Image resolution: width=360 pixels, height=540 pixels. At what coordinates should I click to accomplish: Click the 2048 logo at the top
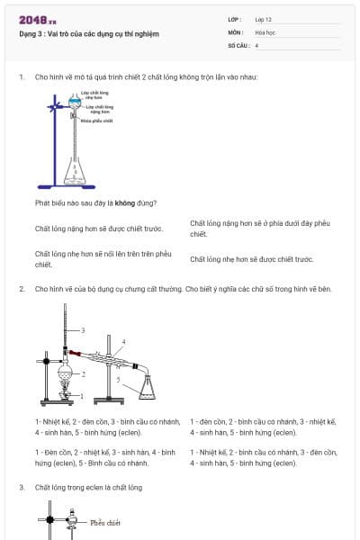point(38,19)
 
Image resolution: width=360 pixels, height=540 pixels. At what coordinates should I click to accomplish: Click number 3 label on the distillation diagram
point(82,330)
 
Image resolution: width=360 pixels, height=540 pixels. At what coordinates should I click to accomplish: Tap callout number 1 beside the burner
point(82,395)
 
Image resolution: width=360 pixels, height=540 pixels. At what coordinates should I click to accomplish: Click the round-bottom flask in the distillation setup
point(65,371)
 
